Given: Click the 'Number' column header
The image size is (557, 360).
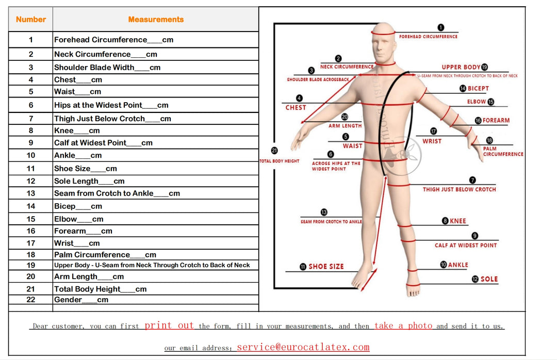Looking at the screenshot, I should [x=31, y=20].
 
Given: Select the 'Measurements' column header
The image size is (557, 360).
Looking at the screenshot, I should [x=156, y=20].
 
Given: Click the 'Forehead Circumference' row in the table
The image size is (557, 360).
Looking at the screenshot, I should [x=113, y=40].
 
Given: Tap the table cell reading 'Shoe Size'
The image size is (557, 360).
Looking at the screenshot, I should [x=86, y=169].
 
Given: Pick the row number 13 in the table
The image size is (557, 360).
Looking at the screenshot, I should [x=31, y=193].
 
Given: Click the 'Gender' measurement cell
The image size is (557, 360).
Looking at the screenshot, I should [x=81, y=300].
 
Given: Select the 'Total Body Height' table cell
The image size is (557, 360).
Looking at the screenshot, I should [x=100, y=289].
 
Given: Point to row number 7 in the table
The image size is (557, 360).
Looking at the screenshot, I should [x=31, y=119].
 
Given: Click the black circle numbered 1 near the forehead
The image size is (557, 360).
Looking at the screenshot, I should [x=440, y=28].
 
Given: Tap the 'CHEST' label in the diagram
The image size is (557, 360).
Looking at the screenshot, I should [x=296, y=107].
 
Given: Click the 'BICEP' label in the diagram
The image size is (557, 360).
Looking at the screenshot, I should [x=478, y=89].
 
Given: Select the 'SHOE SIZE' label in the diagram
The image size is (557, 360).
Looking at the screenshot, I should [x=326, y=267].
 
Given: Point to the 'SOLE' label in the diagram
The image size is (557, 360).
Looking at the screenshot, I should [x=489, y=279].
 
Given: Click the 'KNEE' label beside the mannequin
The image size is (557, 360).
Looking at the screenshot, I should [x=457, y=221].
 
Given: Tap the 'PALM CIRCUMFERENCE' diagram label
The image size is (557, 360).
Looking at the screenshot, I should [x=503, y=151].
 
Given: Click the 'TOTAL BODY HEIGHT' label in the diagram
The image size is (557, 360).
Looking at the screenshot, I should [x=279, y=161].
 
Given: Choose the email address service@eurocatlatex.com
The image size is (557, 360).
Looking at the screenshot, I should [x=303, y=347].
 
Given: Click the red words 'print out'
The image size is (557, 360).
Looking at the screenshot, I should [x=169, y=325].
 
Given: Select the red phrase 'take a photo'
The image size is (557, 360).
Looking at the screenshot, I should [x=403, y=325].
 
